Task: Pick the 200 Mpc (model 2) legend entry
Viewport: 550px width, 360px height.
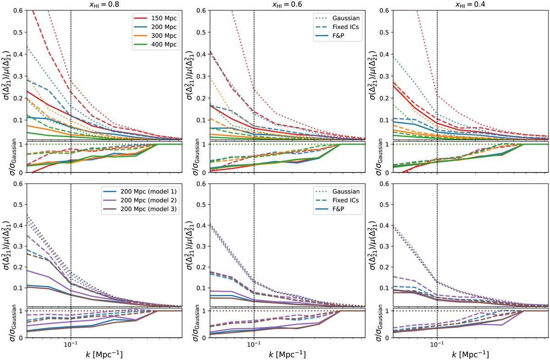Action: click(153, 201)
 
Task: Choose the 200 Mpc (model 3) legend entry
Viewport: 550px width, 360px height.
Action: click(153, 210)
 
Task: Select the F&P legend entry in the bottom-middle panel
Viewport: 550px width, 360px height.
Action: click(343, 210)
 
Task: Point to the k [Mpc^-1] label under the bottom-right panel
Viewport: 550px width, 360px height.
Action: click(470, 354)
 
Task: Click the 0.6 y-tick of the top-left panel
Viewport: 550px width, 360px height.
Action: click(19, 11)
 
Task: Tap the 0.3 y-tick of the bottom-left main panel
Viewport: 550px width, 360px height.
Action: click(19, 246)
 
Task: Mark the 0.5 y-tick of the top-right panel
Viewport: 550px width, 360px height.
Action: click(386, 32)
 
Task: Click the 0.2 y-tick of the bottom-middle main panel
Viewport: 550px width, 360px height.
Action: click(203, 267)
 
